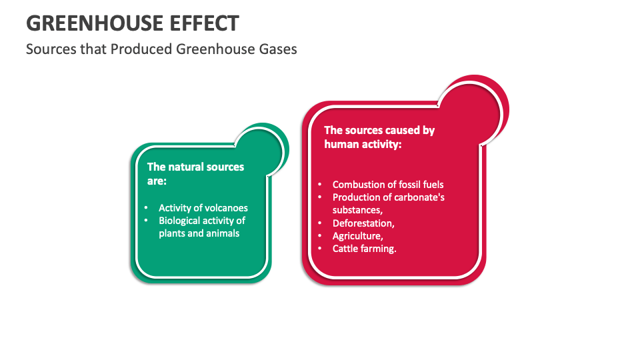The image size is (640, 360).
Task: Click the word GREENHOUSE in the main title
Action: click(x=85, y=23)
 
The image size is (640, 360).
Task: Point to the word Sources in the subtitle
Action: click(x=48, y=49)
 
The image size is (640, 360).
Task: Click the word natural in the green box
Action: click(x=188, y=167)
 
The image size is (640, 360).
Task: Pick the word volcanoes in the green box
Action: click(x=225, y=208)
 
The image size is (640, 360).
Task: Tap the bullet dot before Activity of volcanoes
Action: click(x=147, y=208)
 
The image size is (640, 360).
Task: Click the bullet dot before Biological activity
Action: click(x=147, y=221)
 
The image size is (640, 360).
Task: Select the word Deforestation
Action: click(x=363, y=223)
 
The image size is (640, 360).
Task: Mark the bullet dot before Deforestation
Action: click(x=319, y=223)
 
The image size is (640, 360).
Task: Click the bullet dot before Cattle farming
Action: click(x=319, y=249)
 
